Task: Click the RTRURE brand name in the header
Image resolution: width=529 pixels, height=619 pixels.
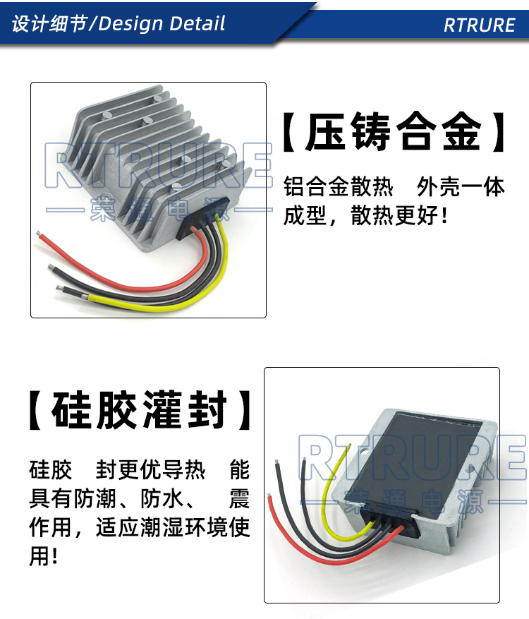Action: pyautogui.click(x=480, y=25)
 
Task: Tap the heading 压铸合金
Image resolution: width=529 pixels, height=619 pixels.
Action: pyautogui.click(x=394, y=132)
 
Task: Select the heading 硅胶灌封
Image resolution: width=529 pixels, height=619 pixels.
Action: pyautogui.click(x=140, y=410)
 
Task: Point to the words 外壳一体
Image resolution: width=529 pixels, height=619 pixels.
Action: pyautogui.click(x=461, y=188)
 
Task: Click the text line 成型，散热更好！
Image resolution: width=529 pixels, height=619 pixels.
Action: pyautogui.click(x=365, y=216)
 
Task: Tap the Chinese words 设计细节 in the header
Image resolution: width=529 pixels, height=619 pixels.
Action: pyautogui.click(x=49, y=23)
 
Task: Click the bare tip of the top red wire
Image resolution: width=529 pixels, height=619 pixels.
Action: pyautogui.click(x=41, y=231)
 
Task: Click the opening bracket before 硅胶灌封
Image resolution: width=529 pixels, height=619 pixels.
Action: pyautogui.click(x=37, y=410)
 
